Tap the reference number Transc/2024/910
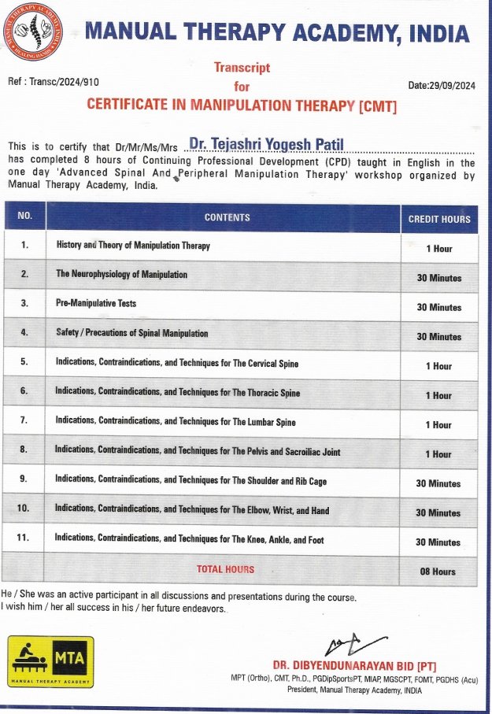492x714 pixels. (x=54, y=81)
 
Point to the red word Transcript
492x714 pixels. (x=242, y=68)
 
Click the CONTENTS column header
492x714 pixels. (x=227, y=217)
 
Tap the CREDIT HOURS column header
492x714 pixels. (x=439, y=219)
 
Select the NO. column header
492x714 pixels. (x=25, y=216)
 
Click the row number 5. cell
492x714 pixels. (x=24, y=363)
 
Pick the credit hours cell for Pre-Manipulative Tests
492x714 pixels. (x=439, y=307)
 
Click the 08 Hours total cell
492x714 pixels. (x=438, y=572)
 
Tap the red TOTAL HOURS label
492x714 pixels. (x=225, y=569)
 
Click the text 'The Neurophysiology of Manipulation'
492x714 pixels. (x=122, y=275)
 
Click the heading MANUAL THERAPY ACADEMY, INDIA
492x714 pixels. (x=276, y=33)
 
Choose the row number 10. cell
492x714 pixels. (x=24, y=509)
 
